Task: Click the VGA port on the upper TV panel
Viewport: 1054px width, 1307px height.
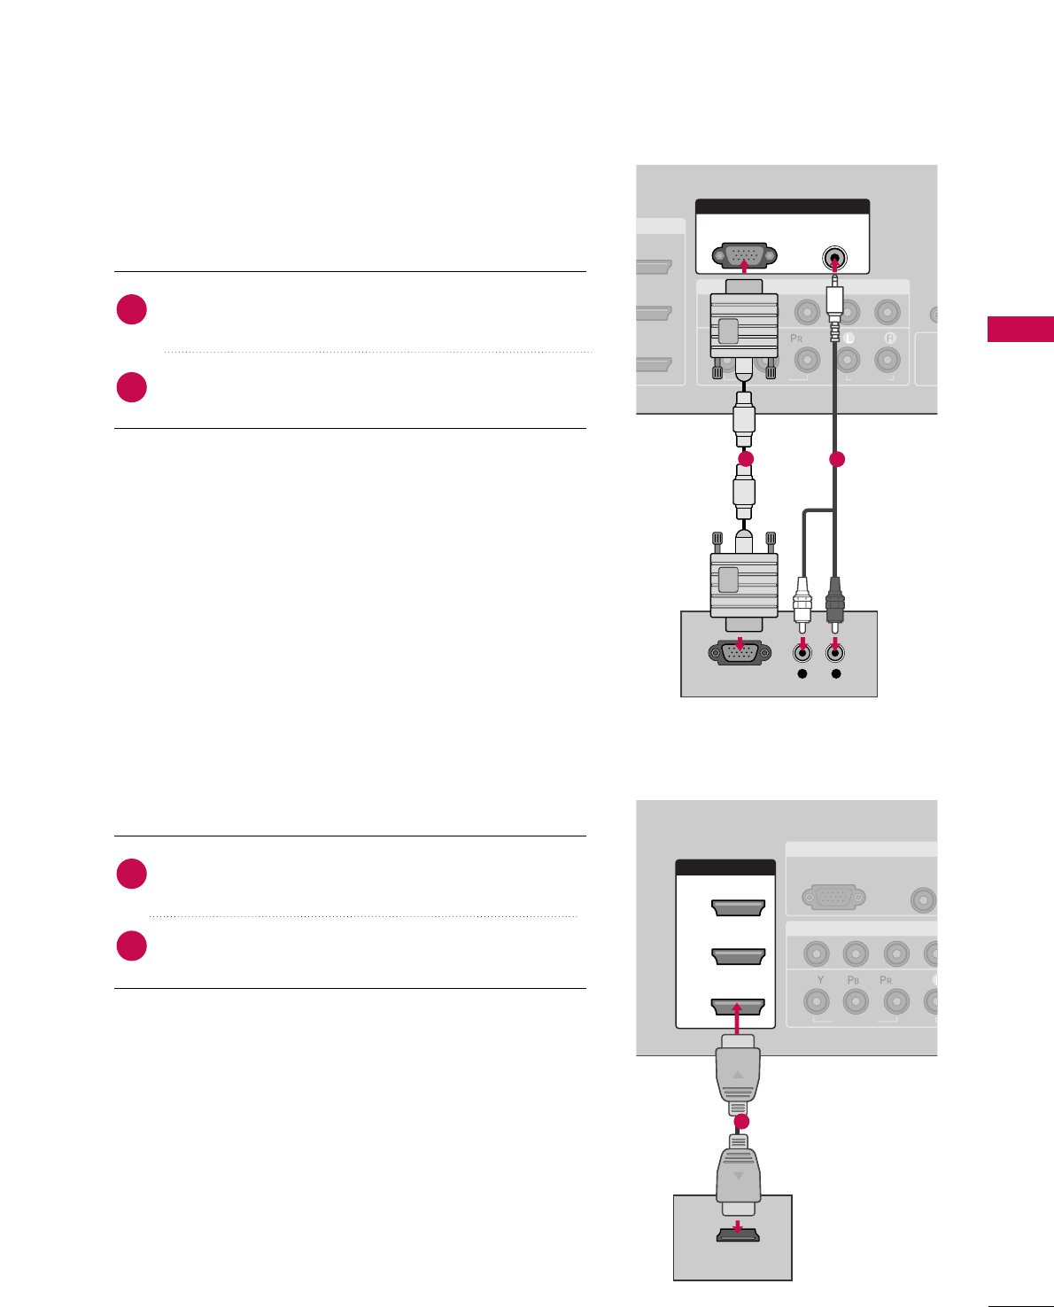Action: (744, 257)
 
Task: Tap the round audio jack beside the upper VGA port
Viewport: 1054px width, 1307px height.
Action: (833, 259)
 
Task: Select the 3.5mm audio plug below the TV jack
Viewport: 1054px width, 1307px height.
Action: (833, 306)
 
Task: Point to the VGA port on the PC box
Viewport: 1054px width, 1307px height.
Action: (734, 653)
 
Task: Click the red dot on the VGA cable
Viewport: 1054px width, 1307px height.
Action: (746, 458)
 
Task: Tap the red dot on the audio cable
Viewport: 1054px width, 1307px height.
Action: (835, 459)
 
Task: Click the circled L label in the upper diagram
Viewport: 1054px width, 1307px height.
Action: (848, 338)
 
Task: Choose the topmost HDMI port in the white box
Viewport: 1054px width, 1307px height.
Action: (738, 908)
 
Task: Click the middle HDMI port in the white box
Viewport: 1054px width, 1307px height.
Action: (738, 957)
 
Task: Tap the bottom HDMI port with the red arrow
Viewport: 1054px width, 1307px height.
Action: (738, 1007)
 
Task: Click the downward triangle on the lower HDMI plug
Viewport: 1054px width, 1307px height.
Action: (738, 1176)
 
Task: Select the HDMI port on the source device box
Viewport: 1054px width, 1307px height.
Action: (737, 1234)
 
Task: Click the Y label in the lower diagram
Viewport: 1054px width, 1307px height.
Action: (820, 980)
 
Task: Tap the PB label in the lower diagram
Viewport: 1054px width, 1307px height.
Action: (854, 980)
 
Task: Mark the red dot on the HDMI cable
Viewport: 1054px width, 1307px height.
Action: (742, 1122)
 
